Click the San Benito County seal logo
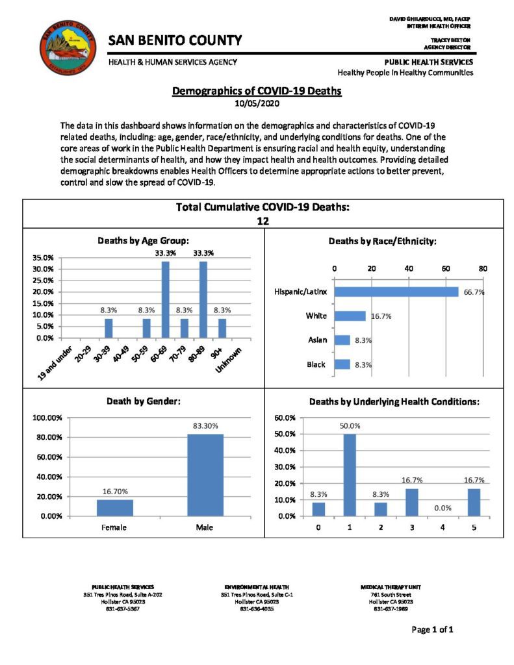click(x=68, y=49)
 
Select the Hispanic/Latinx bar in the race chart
click(x=396, y=292)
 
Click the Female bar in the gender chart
click(x=114, y=508)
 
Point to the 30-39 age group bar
click(x=109, y=328)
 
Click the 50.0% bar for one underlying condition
click(x=350, y=475)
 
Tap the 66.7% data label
click(x=474, y=292)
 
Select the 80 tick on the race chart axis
click(x=483, y=268)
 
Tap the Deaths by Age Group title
click(x=143, y=240)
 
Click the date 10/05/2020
click(x=256, y=103)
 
